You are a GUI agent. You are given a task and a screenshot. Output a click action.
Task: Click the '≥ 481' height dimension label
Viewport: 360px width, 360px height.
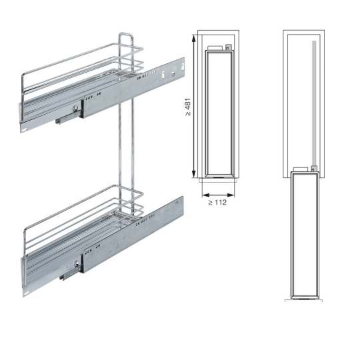coord(188,107)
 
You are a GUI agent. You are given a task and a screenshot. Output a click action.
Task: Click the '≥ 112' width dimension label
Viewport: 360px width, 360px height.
coord(217,203)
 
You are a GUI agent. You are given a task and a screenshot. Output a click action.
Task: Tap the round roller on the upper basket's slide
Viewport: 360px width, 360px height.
coord(75,109)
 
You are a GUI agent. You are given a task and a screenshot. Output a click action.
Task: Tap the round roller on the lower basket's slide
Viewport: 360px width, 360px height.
coord(77,264)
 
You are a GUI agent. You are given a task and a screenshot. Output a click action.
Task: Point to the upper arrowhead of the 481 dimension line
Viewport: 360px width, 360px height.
coord(194,39)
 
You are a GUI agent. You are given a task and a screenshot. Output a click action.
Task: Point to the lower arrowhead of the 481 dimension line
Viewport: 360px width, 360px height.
coord(194,174)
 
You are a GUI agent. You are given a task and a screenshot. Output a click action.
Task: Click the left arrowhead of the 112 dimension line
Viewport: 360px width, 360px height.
coord(206,195)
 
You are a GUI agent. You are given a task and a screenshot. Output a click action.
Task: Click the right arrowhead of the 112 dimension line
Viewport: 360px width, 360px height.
coord(231,195)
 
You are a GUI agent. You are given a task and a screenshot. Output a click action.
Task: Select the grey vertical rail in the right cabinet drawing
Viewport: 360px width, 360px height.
coord(314,104)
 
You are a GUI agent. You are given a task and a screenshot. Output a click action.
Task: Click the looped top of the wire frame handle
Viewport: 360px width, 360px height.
coord(125,35)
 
